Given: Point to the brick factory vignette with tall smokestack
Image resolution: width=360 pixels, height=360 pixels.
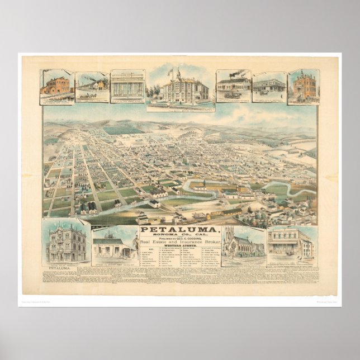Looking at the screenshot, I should click(x=56, y=86).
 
